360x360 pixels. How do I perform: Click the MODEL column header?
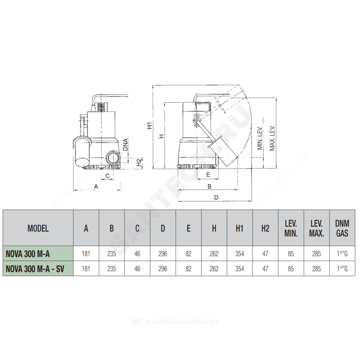(x=38, y=229)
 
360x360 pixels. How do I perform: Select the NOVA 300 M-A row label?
(x=28, y=254)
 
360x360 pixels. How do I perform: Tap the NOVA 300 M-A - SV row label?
(x=35, y=269)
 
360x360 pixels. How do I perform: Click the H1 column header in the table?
(x=240, y=229)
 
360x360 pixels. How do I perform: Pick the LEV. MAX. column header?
(x=316, y=229)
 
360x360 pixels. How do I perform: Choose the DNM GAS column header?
(x=342, y=229)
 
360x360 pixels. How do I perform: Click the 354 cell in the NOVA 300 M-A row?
(x=240, y=254)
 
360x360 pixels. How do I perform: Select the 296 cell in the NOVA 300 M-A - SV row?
(x=163, y=269)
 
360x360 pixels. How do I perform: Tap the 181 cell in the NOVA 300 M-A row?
(x=86, y=254)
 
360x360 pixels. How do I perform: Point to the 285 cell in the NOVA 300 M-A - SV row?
(x=316, y=269)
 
